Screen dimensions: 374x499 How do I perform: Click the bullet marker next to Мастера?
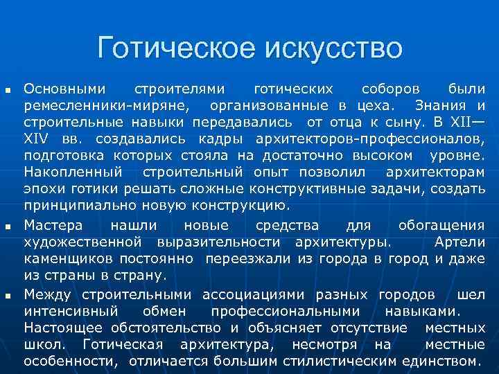[x=8, y=226]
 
